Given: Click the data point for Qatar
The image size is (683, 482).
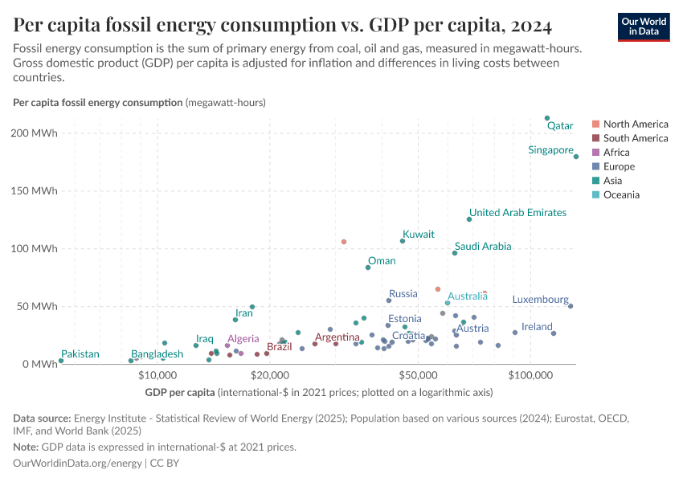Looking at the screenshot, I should (x=547, y=118).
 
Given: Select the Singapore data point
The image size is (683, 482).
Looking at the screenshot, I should (x=576, y=157).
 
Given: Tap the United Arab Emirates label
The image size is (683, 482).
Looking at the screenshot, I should (x=517, y=213).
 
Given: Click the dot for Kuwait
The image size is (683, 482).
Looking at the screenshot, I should (x=403, y=241).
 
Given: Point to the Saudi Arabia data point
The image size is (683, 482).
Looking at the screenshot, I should (x=455, y=253).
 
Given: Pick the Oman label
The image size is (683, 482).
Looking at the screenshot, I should (x=382, y=261).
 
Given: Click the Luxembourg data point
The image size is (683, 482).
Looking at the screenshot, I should (x=571, y=306).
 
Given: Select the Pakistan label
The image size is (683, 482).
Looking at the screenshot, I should (x=80, y=354).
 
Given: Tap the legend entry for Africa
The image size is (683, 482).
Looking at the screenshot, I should (x=616, y=153).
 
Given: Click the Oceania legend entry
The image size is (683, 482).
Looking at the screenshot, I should (x=621, y=194).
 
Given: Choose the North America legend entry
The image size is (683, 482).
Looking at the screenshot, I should (x=635, y=125).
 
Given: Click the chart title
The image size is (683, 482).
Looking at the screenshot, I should (x=282, y=26).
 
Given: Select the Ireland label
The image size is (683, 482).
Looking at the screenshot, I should (x=537, y=327).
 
